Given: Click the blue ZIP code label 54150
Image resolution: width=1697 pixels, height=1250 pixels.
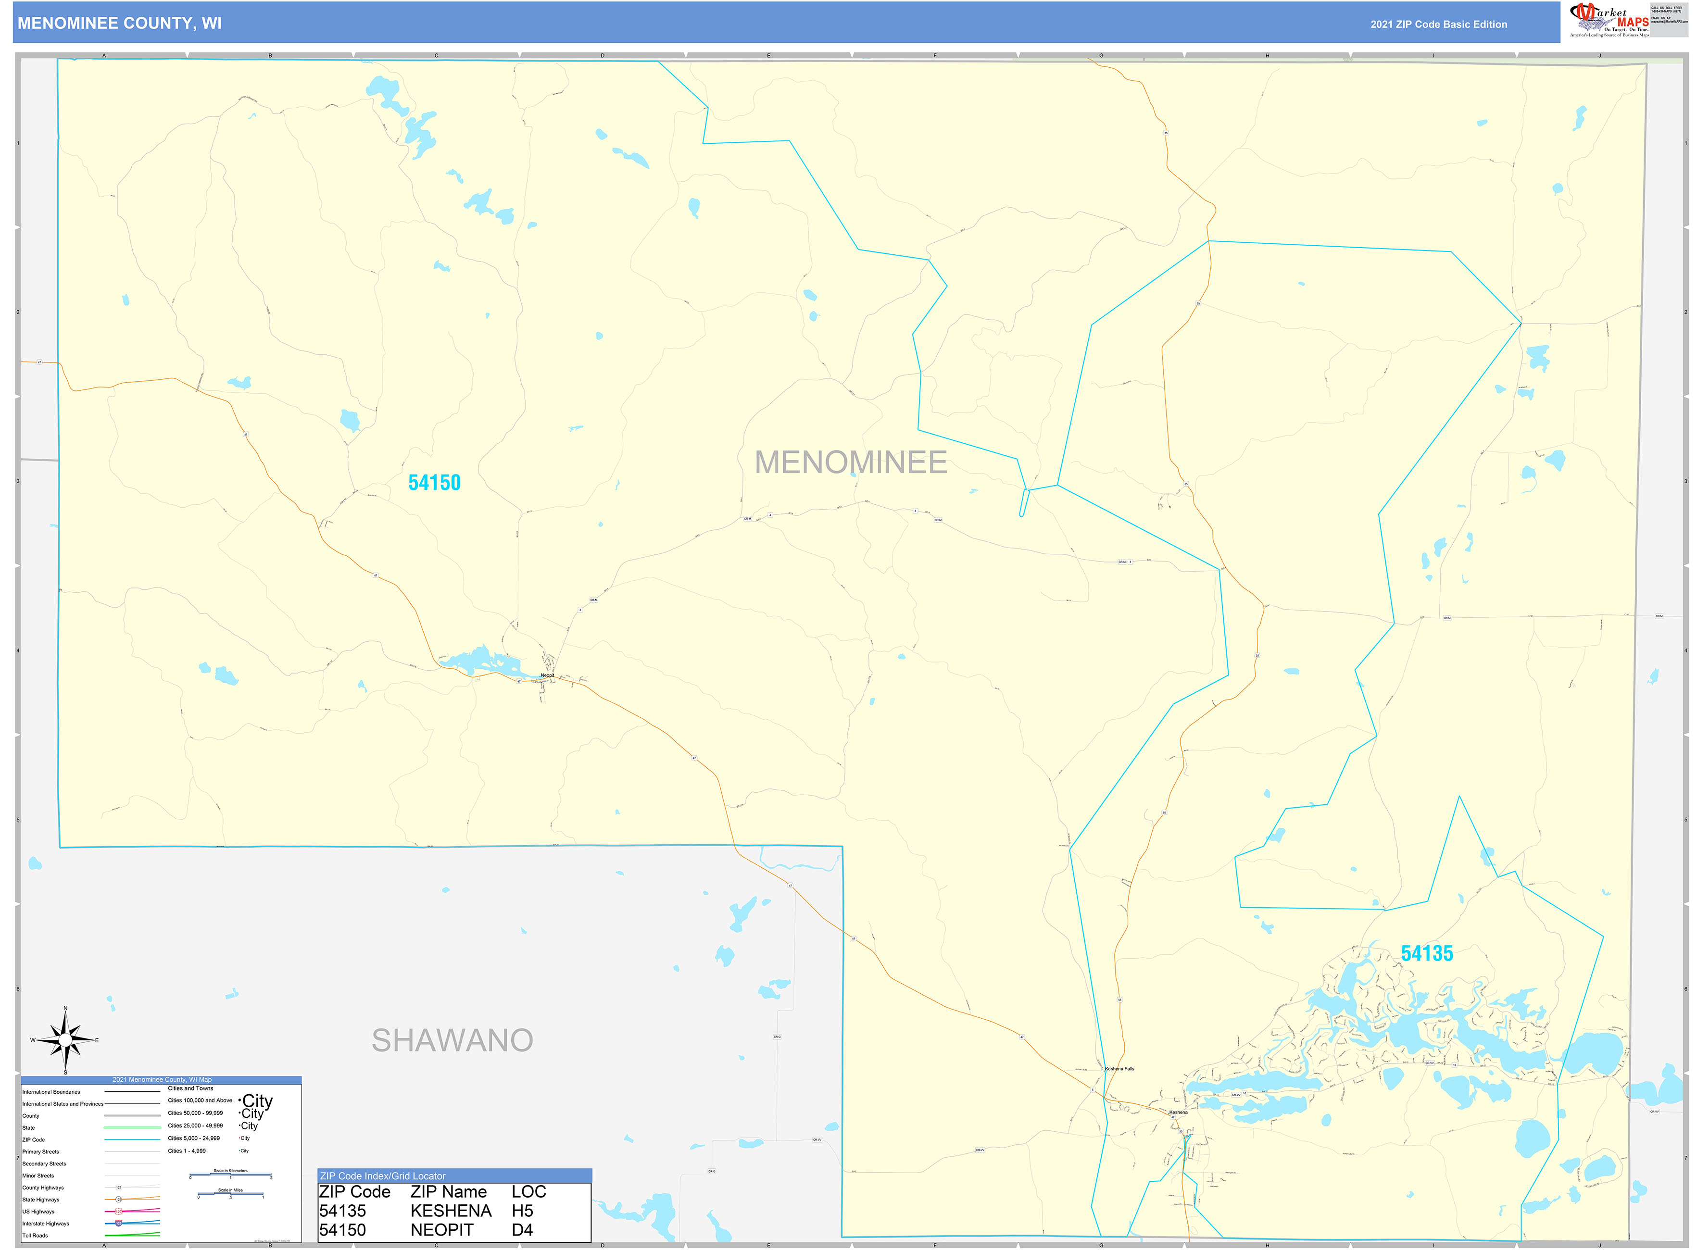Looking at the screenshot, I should click(434, 483).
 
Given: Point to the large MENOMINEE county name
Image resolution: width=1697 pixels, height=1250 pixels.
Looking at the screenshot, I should click(850, 462).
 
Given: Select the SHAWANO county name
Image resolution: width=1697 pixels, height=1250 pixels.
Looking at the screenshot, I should click(452, 1040).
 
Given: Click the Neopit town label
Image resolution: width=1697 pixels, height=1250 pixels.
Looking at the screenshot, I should click(547, 675).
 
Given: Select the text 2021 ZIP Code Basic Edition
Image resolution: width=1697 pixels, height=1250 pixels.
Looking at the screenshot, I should click(1438, 24).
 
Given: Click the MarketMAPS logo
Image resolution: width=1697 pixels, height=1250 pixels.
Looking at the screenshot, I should click(1609, 20).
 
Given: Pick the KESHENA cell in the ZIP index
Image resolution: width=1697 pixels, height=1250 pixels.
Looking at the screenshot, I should click(451, 1212).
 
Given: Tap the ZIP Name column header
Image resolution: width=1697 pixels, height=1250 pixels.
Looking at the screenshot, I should click(448, 1192).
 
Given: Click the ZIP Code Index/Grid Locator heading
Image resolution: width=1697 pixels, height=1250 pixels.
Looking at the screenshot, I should click(383, 1176).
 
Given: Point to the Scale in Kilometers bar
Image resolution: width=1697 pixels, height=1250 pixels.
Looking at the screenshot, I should click(230, 1175).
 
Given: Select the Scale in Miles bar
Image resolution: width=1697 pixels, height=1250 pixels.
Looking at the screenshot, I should click(230, 1195).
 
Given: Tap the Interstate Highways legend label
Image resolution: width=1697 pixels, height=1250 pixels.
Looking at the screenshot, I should click(45, 1224).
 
